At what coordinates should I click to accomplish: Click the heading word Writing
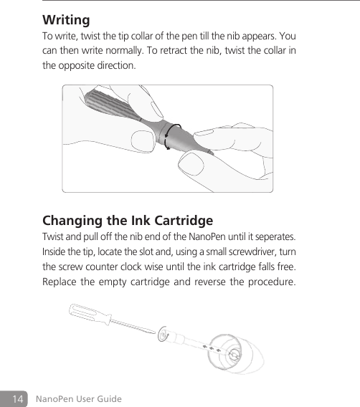66,19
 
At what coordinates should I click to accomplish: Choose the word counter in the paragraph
118,269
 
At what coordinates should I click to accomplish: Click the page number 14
16,398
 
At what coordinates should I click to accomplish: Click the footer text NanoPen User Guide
79,398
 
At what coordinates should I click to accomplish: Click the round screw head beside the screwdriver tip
164,334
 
